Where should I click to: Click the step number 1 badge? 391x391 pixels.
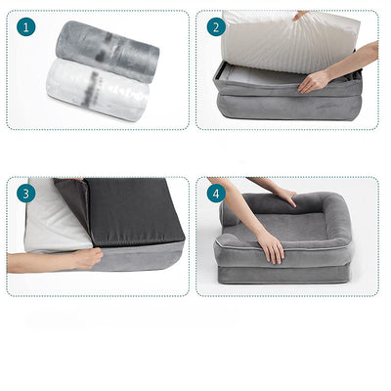25,28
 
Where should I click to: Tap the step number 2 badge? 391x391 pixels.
215,28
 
